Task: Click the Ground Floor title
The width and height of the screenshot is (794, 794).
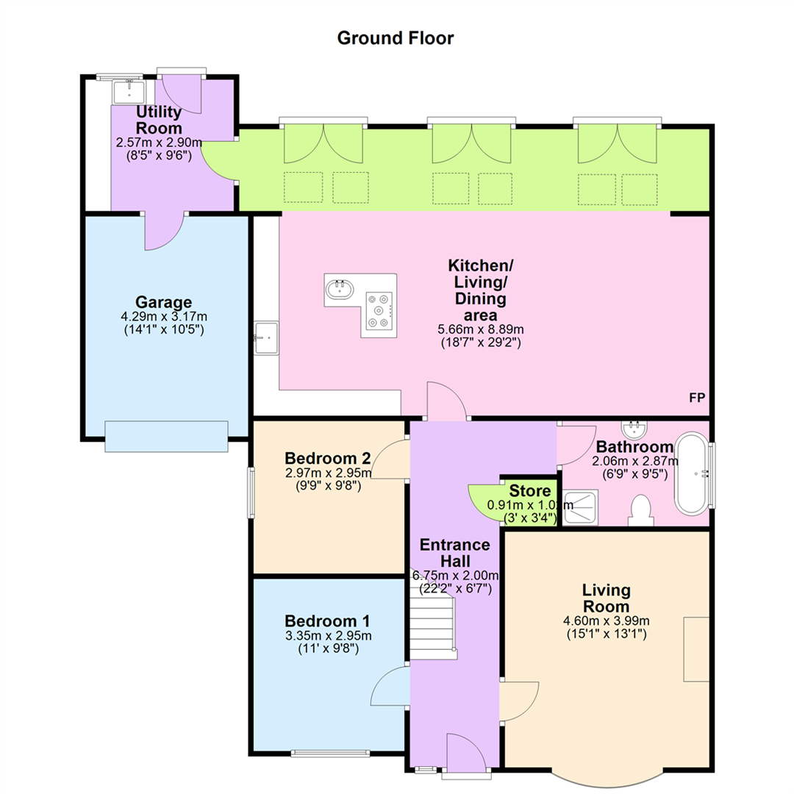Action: pyautogui.click(x=396, y=38)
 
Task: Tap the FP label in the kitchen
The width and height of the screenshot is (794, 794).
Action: pyautogui.click(x=697, y=398)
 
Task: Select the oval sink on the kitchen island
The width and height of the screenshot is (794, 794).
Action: pyautogui.click(x=337, y=289)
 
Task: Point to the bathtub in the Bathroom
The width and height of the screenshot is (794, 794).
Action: pyautogui.click(x=693, y=474)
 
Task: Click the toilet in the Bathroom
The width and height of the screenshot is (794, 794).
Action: pyautogui.click(x=641, y=510)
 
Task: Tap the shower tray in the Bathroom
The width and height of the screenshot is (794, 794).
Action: pyautogui.click(x=580, y=507)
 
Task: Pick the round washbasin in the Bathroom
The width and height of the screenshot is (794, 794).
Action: pyautogui.click(x=634, y=429)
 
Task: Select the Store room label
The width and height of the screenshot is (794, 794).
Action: pyautogui.click(x=529, y=490)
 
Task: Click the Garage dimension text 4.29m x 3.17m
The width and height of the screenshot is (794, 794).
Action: pyautogui.click(x=163, y=316)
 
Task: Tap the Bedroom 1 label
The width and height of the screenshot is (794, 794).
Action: pyautogui.click(x=327, y=620)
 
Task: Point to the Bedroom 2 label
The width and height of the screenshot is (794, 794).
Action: pyautogui.click(x=328, y=458)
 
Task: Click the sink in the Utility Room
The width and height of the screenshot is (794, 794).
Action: pyautogui.click(x=129, y=92)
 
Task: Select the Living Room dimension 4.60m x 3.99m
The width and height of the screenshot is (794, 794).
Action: pyautogui.click(x=606, y=620)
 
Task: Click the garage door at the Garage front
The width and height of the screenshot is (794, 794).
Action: pyautogui.click(x=167, y=436)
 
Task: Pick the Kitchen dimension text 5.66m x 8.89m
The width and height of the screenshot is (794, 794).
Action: pyautogui.click(x=481, y=329)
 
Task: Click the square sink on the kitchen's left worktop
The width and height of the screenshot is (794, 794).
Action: pyautogui.click(x=266, y=337)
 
